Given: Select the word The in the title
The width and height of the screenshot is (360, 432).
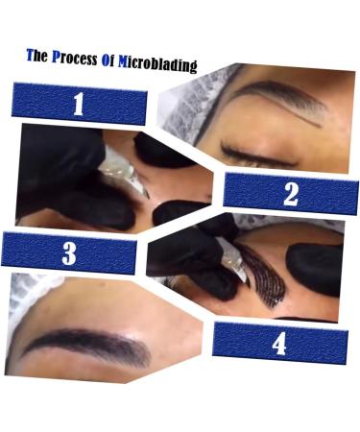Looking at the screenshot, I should [36, 56].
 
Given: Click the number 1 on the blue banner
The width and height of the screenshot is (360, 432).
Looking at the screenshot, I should [78, 105].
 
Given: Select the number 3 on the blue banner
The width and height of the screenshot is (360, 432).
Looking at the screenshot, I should [68, 252].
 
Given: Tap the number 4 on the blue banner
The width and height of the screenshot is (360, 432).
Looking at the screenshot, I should [279, 343].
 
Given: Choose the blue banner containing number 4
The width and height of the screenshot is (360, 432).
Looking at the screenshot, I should [279, 343].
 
